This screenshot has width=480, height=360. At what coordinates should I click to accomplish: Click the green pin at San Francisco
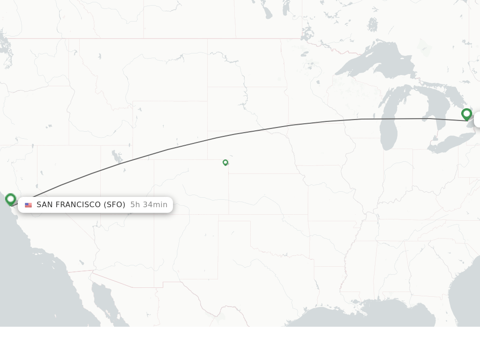[10, 199]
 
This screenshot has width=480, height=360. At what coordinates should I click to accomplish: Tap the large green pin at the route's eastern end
[466, 114]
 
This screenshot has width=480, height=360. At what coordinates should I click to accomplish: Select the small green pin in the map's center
[225, 162]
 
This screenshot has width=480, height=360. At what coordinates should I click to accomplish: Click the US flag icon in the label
[29, 205]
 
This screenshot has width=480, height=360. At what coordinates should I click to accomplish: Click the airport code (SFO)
[114, 204]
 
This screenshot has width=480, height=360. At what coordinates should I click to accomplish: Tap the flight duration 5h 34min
[149, 204]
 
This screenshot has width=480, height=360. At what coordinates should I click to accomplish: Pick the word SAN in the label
[44, 204]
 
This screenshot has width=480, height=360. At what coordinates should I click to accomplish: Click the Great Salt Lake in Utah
[115, 156]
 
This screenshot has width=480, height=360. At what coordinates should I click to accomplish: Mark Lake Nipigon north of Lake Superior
[373, 24]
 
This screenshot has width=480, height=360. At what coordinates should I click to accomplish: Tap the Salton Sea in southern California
[82, 262]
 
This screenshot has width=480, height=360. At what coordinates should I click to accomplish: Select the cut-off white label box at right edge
[477, 120]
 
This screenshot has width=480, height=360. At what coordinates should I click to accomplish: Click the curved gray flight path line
[216, 138]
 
